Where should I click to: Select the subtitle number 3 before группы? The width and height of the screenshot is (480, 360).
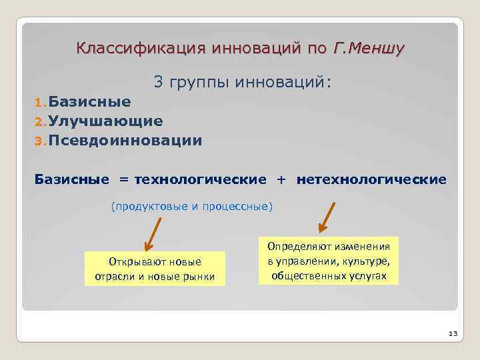coord(158,82)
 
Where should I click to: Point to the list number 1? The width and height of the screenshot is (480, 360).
coord(39,103)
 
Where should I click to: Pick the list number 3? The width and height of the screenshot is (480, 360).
coord(39,141)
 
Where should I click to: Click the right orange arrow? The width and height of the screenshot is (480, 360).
coord(328,217)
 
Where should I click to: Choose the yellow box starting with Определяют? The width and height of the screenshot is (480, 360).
coord(329,260)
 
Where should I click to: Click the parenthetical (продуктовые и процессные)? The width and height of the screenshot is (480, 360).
coord(191,206)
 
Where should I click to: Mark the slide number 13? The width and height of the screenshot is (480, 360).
coord(451,333)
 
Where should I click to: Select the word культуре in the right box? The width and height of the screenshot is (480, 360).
coord(367,261)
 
